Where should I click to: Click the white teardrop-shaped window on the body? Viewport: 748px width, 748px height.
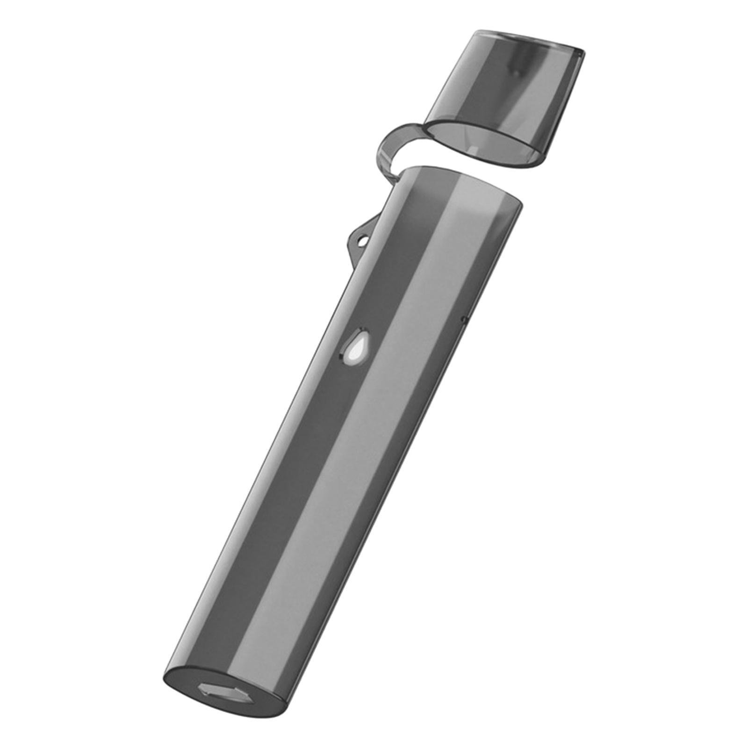[x=356, y=347]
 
